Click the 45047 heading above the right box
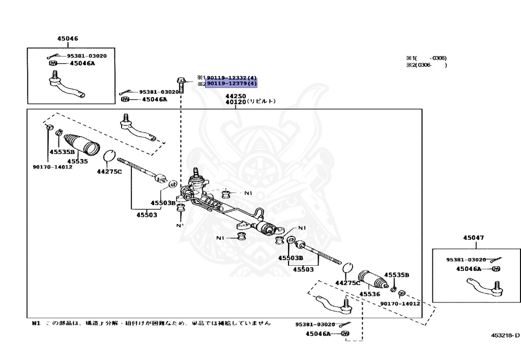pos(473,238)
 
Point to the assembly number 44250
pos(236,96)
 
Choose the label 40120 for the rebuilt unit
pos(236,102)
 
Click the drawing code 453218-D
pos(505,335)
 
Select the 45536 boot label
pos(370,294)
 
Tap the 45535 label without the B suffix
pos(77,161)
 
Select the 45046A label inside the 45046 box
pos(82,64)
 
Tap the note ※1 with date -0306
pos(426,58)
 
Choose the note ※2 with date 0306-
pos(426,65)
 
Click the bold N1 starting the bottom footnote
pos(36,323)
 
